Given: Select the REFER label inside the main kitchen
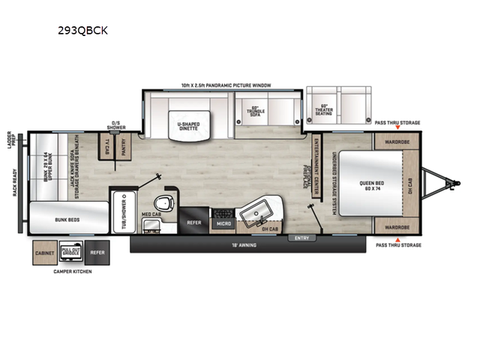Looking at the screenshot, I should point(193,222).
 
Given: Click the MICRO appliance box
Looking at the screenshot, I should point(223,222).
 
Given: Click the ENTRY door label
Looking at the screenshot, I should point(302,238).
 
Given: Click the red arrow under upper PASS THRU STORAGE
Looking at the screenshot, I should point(397,128).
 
